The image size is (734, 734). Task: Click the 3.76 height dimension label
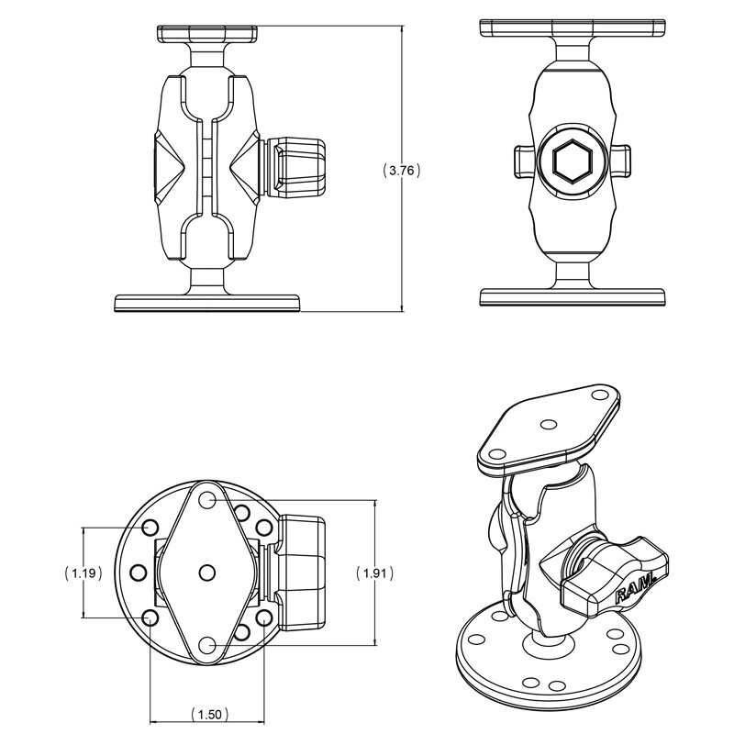[x=402, y=171]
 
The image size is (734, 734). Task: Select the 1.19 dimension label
[x=83, y=573]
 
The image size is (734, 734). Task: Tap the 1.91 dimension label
[x=375, y=573]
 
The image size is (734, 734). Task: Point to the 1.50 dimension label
[x=210, y=715]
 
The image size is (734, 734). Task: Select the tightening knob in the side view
[x=295, y=166]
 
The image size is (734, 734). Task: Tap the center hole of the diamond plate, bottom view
[x=207, y=572]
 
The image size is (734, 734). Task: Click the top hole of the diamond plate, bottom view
[x=206, y=500]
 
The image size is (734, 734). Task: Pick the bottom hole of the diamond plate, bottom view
[x=206, y=645]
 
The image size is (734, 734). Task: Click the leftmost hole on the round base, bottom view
[x=139, y=572]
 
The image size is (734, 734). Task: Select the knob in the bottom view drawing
[x=300, y=572]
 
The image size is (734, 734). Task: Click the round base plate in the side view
[x=207, y=303]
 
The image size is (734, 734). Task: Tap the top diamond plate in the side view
[x=207, y=33]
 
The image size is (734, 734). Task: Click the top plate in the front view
[x=573, y=28]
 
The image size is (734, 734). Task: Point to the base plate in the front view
[x=573, y=297]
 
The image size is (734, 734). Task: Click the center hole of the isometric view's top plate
[x=548, y=425]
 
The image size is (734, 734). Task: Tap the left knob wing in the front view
[x=523, y=162]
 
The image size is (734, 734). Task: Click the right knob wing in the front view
[x=622, y=161]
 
